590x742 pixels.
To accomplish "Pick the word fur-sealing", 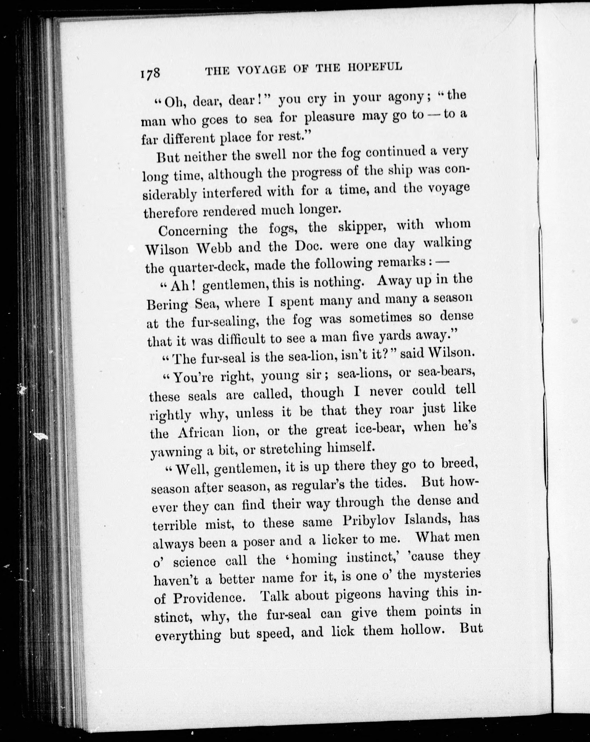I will (220, 322).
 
